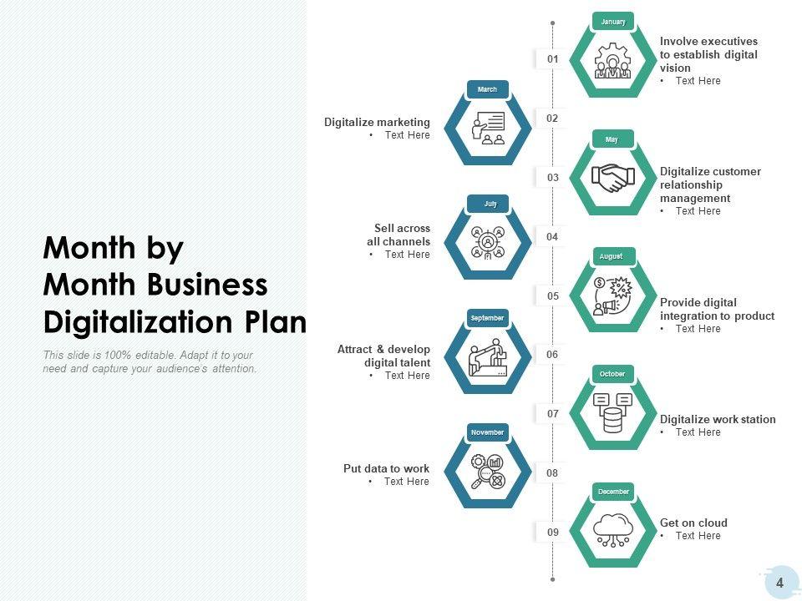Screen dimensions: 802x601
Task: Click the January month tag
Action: click(612, 22)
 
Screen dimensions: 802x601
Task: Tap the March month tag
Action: click(487, 89)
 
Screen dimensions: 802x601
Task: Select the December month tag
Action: click(613, 492)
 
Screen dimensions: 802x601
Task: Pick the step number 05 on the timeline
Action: click(552, 295)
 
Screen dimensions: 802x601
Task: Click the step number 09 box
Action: click(552, 532)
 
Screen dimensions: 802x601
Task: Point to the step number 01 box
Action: click(552, 59)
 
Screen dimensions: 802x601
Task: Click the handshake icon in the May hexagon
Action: click(612, 177)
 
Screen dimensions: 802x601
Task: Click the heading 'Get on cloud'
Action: click(693, 523)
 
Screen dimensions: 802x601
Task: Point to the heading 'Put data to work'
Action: click(386, 468)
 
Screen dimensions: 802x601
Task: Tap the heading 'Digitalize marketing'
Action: click(377, 122)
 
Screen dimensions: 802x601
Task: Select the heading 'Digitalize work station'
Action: click(718, 419)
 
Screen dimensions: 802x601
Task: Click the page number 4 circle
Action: click(779, 583)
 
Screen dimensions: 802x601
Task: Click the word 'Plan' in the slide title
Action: click(275, 321)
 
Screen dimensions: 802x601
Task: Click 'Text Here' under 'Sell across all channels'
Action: click(407, 255)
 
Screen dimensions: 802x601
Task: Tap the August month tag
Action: click(612, 256)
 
